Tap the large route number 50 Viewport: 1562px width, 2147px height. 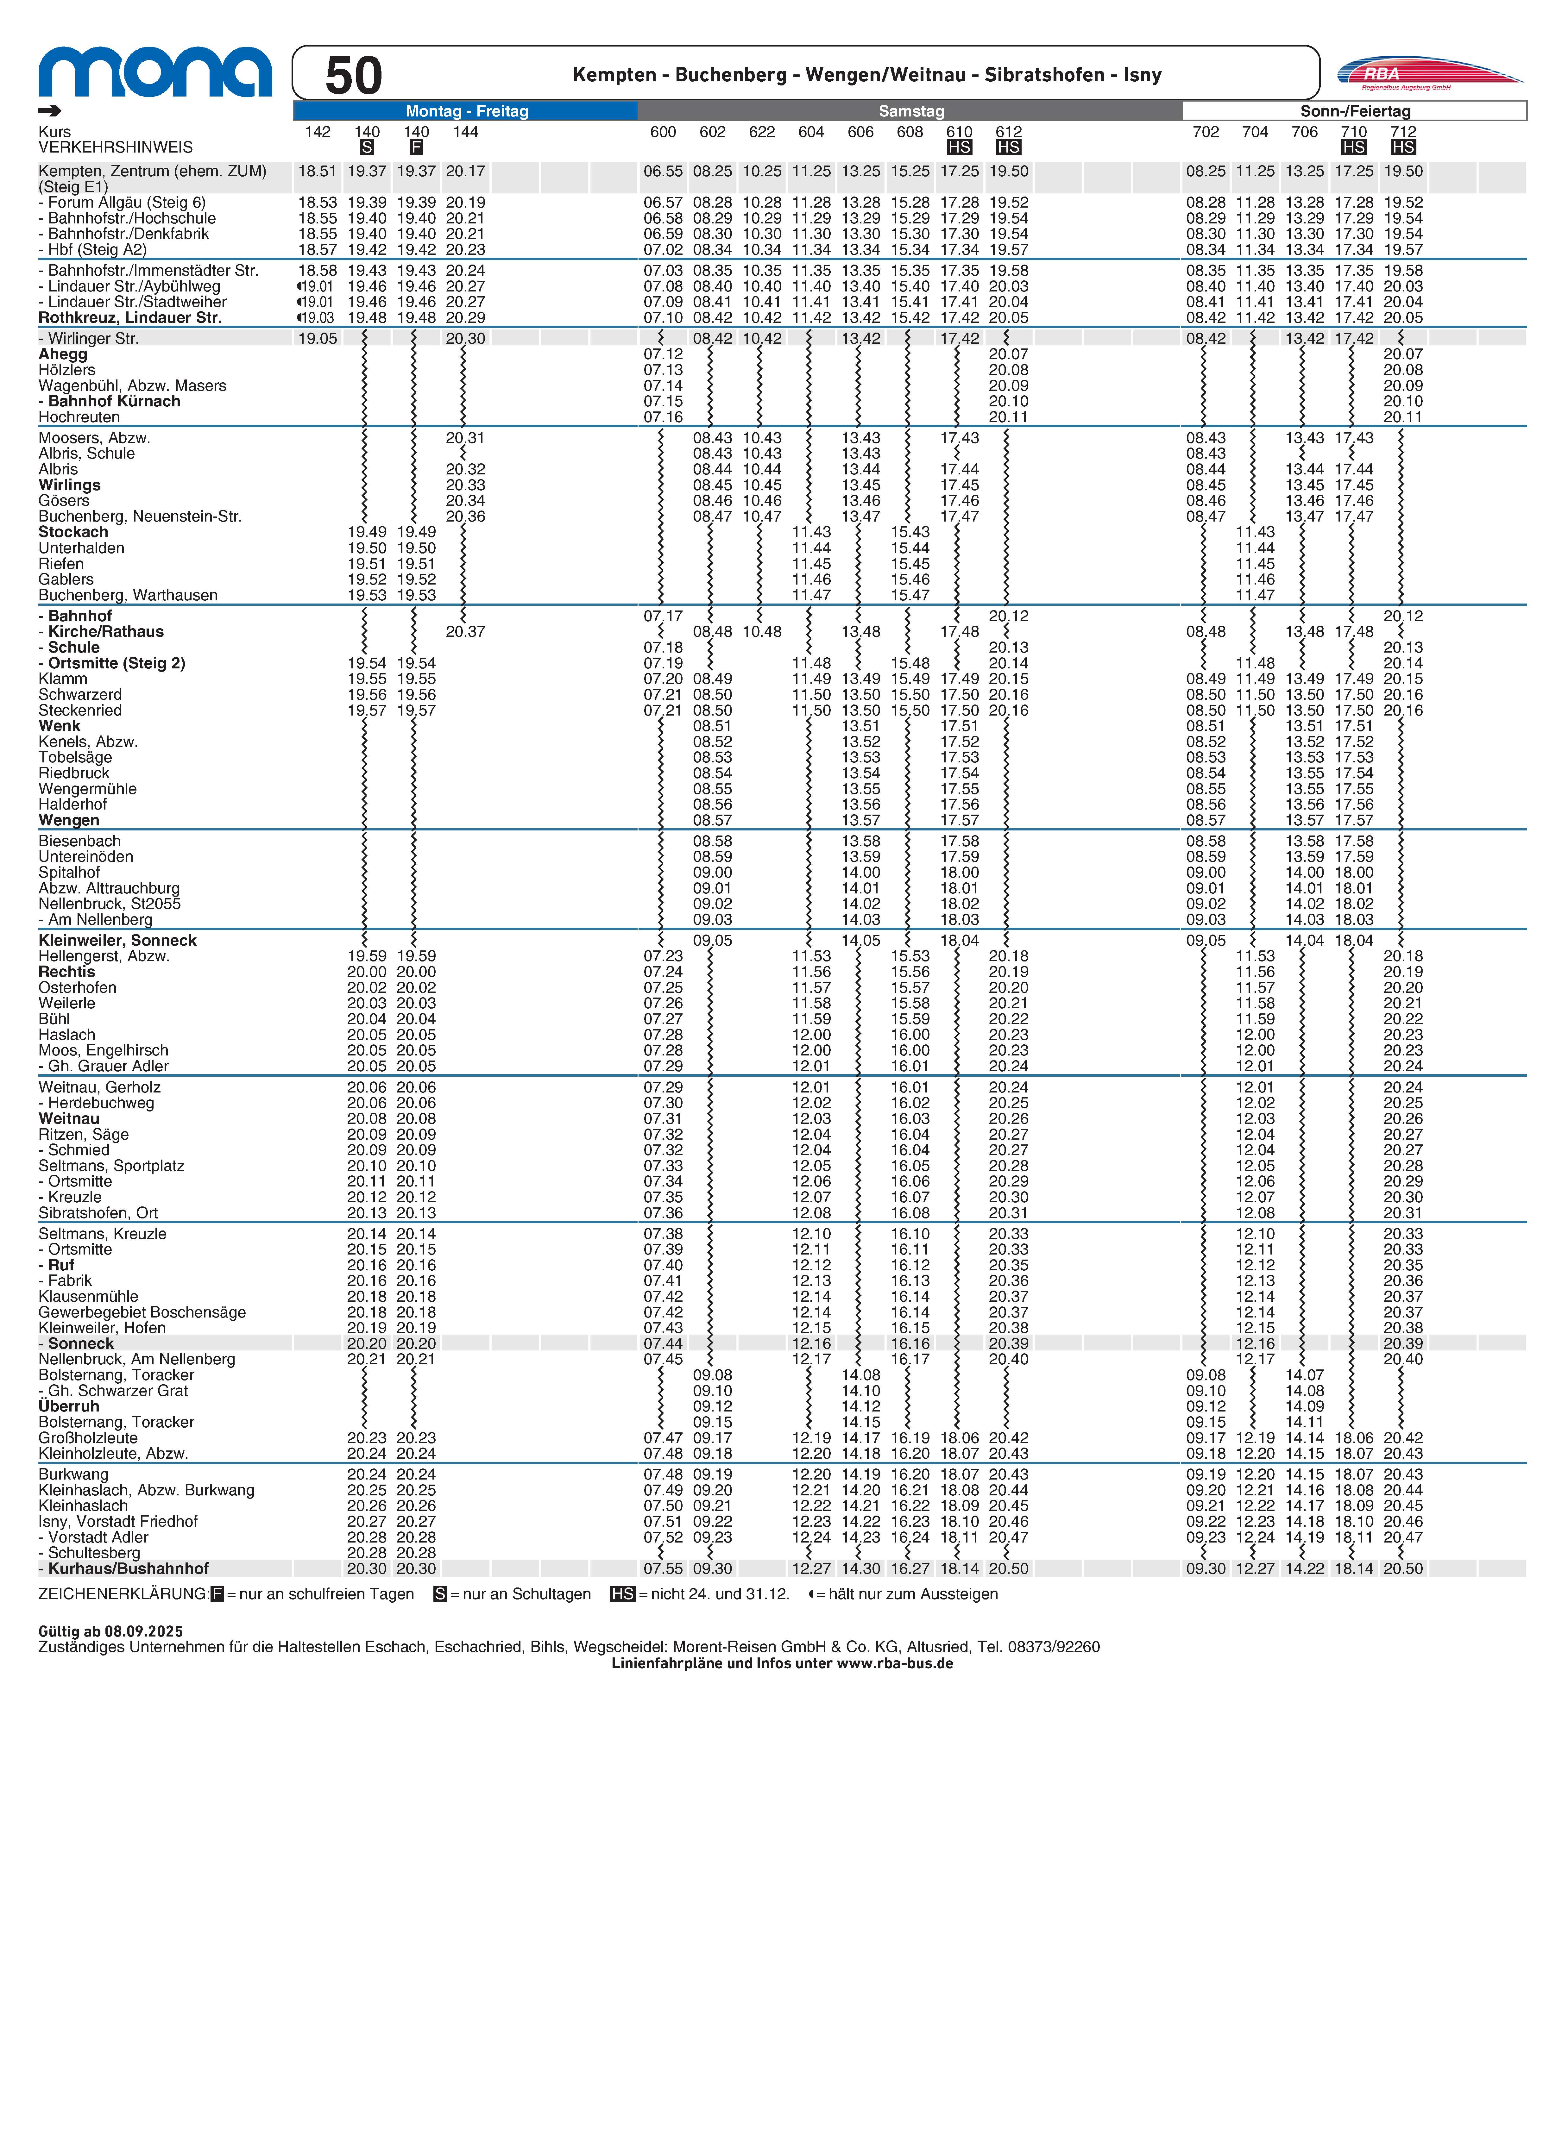(x=353, y=76)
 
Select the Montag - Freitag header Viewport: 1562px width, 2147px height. (x=467, y=111)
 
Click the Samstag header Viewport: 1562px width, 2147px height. (x=911, y=111)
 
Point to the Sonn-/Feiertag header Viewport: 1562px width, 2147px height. (x=1355, y=111)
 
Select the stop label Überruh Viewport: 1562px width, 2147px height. (x=68, y=1406)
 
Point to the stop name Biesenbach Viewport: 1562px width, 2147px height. (x=79, y=841)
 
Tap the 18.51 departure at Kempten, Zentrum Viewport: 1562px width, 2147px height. (x=317, y=171)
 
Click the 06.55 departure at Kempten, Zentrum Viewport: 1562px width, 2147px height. (x=663, y=171)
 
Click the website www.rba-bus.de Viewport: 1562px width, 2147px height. (x=895, y=1663)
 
